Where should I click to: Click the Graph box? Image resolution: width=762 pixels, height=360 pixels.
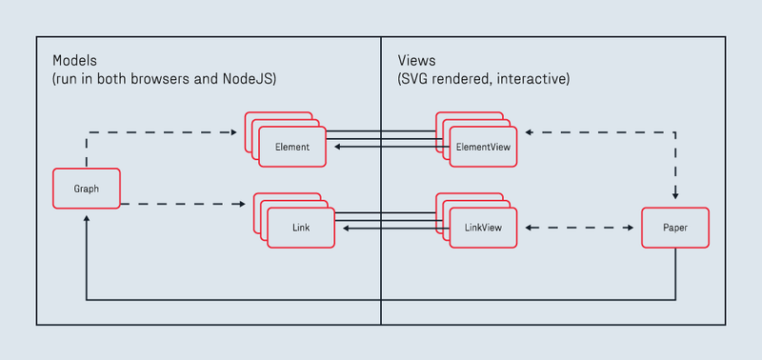pyautogui.click(x=87, y=189)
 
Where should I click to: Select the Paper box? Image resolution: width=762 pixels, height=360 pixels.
pyautogui.click(x=674, y=229)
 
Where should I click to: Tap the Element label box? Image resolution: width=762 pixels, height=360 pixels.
pyautogui.click(x=292, y=147)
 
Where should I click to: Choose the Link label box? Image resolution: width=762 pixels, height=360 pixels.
pyautogui.click(x=301, y=229)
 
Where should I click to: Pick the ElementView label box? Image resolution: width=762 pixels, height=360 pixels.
pyautogui.click(x=483, y=147)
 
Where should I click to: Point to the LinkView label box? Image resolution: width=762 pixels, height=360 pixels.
pyautogui.click(x=483, y=229)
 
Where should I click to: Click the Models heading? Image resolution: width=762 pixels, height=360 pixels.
pyautogui.click(x=75, y=60)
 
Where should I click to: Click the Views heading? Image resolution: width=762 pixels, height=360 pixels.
pyautogui.click(x=416, y=60)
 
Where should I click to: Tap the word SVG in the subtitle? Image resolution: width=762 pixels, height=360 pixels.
pyautogui.click(x=417, y=79)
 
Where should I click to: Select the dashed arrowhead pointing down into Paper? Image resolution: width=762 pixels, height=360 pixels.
pyautogui.click(x=675, y=195)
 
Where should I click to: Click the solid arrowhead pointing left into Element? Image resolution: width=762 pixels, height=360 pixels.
pyautogui.click(x=337, y=147)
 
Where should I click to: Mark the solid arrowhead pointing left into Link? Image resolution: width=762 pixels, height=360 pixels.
pyautogui.click(x=345, y=229)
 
